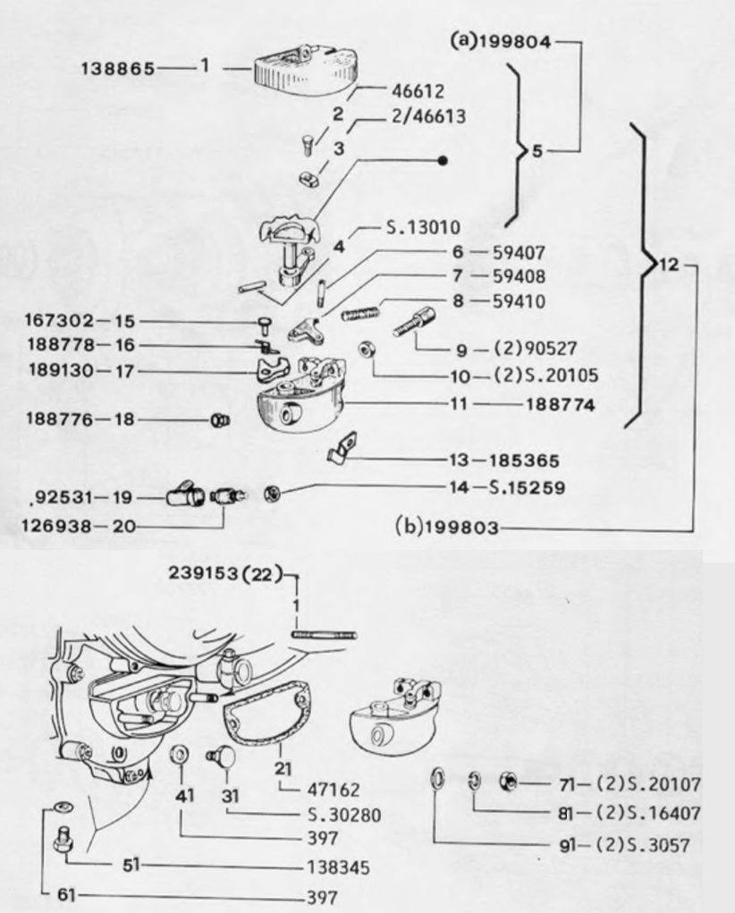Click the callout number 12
click(x=668, y=266)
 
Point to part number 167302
click(x=56, y=320)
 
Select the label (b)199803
click(x=447, y=528)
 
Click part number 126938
click(x=56, y=527)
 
